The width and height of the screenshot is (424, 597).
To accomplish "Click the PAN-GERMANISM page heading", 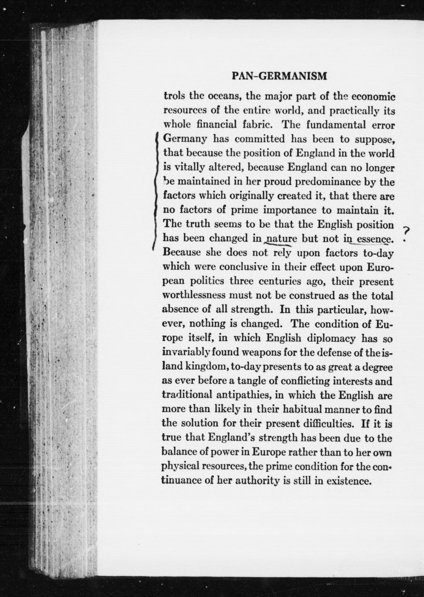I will pyautogui.click(x=279, y=76).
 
